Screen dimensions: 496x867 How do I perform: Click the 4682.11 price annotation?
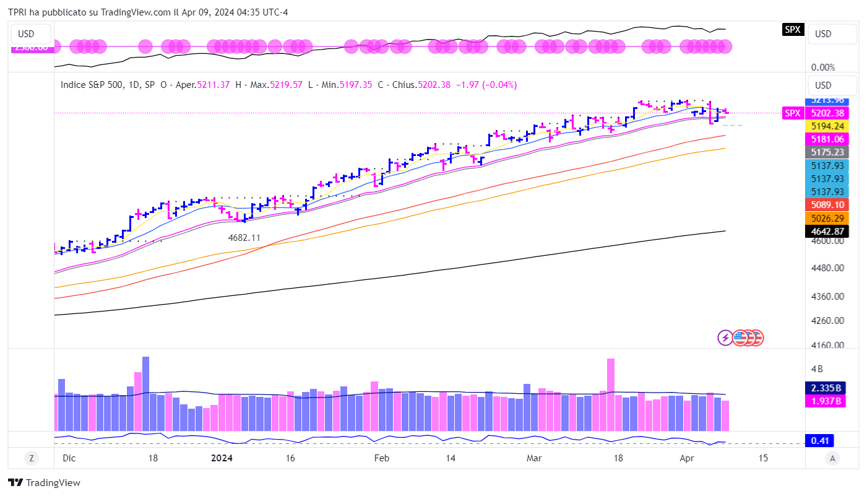coord(244,237)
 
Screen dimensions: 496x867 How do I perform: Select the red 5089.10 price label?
coord(826,205)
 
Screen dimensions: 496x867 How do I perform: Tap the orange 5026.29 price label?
coord(826,218)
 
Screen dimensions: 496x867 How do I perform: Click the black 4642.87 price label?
coord(826,231)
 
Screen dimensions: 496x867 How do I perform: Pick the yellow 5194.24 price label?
coord(826,126)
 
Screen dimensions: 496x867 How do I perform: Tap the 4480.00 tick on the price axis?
coord(827,268)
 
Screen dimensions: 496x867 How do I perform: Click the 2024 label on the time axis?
coord(222,458)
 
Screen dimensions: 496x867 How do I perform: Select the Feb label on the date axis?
coord(382,458)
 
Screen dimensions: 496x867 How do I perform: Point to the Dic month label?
coord(69,458)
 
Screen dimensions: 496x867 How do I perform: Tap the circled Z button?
coord(30,458)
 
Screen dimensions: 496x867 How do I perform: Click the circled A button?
coord(833,458)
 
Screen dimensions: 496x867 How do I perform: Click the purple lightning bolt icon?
coord(725,337)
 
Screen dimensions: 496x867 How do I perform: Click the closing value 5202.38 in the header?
coord(434,85)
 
